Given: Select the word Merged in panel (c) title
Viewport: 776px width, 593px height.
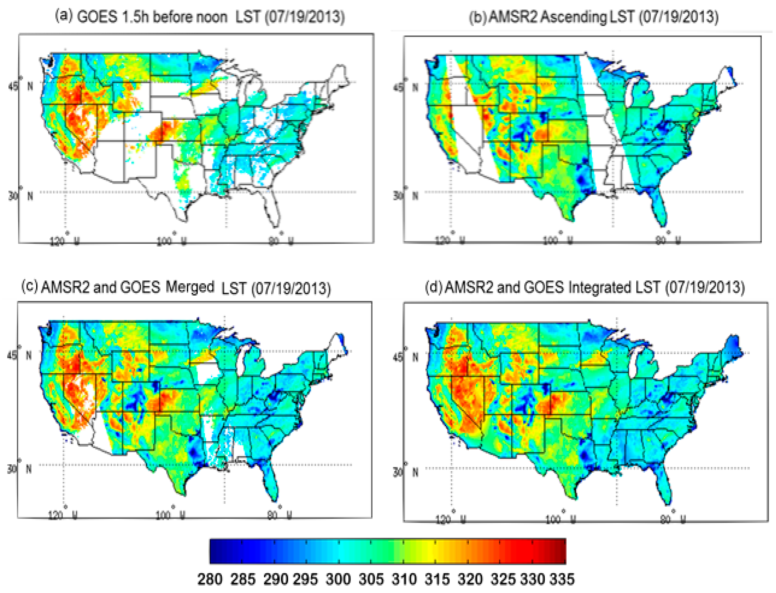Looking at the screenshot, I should tap(190, 287).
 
